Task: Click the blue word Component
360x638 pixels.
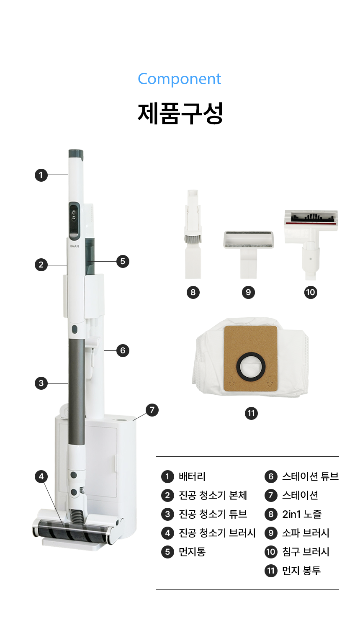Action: (180, 79)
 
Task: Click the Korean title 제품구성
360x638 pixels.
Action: (180, 113)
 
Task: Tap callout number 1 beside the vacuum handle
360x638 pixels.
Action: (41, 175)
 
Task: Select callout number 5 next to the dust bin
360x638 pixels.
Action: (123, 261)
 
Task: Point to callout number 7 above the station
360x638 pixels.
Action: (152, 410)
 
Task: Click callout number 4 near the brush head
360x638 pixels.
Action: (41, 476)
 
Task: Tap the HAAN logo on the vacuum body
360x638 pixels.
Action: (74, 246)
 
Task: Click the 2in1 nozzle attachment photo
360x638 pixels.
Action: (193, 234)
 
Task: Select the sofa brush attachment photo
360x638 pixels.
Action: (248, 255)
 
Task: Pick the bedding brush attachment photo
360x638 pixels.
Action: (311, 244)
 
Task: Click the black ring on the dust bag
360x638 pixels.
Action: (251, 367)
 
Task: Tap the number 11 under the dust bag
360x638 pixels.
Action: (251, 413)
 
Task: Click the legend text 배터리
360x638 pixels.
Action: (192, 476)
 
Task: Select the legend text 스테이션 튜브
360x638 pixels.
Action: (310, 476)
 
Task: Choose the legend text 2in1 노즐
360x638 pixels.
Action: (302, 514)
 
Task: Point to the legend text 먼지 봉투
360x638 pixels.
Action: (301, 571)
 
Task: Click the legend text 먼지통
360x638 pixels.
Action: (192, 552)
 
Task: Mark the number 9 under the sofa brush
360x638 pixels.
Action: (248, 292)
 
